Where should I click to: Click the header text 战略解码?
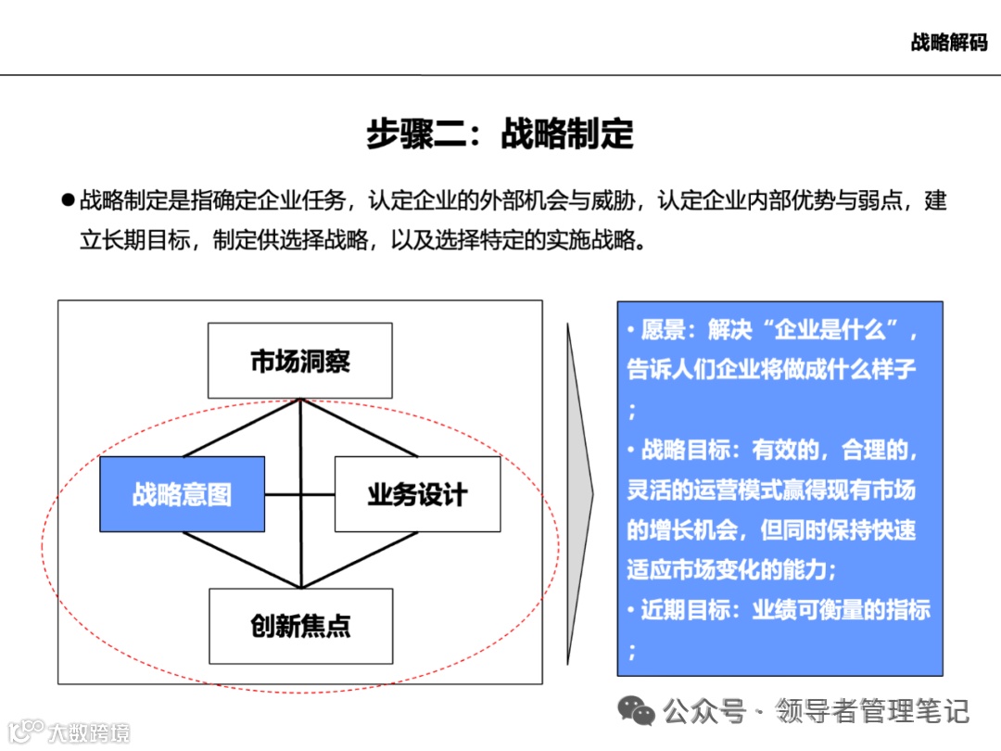click(x=948, y=43)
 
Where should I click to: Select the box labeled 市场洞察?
click(x=300, y=361)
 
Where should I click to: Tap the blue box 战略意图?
click(x=182, y=494)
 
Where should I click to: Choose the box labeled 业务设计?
click(x=417, y=494)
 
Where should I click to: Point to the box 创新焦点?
click(x=300, y=626)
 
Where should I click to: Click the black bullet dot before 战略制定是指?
click(x=67, y=199)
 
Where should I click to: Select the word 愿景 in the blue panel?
click(x=664, y=330)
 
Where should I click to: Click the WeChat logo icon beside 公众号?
click(x=637, y=711)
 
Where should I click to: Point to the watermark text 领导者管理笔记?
click(x=872, y=711)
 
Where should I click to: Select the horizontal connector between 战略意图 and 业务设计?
click(x=299, y=494)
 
